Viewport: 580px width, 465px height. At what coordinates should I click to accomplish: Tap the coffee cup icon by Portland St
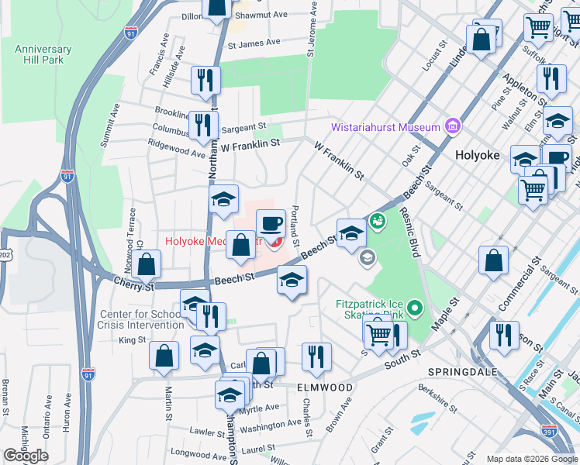[x=271, y=225]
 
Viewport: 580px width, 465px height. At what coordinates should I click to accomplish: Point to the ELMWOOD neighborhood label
[x=326, y=387]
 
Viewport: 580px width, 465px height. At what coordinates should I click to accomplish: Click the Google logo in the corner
[x=26, y=456]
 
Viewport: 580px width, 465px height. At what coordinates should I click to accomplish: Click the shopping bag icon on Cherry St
[x=147, y=265]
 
